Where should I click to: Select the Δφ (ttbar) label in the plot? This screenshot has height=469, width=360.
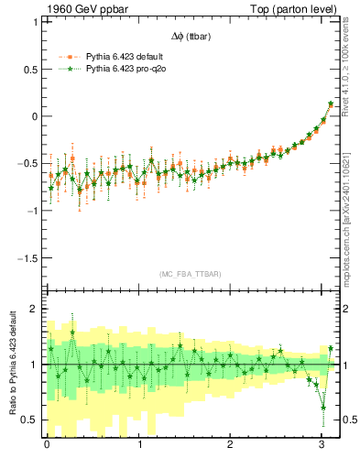click(190, 37)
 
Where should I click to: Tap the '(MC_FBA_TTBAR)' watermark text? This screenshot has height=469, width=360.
click(190, 274)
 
